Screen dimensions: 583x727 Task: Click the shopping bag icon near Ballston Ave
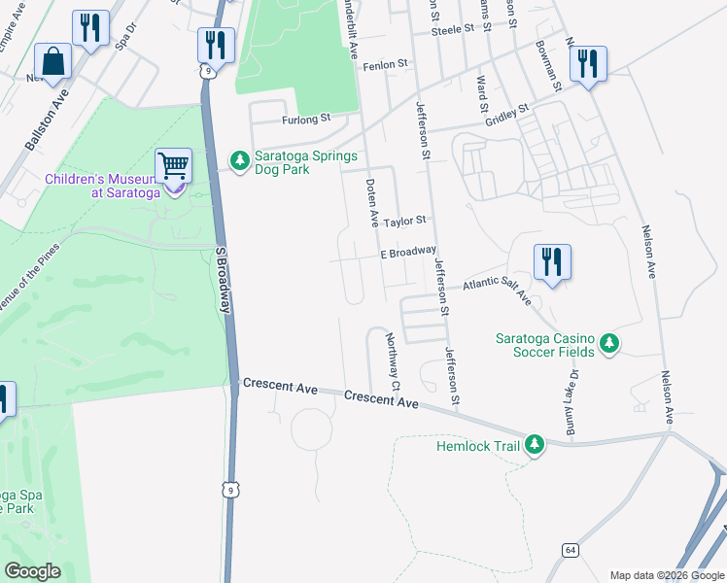click(52, 62)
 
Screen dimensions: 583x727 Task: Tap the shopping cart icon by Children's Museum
click(173, 167)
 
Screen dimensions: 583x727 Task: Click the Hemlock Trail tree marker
click(533, 445)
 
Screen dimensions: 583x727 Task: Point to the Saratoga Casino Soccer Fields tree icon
click(608, 343)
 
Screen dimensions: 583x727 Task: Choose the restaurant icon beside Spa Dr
click(90, 29)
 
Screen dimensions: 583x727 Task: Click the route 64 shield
click(570, 550)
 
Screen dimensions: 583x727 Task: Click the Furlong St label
click(306, 120)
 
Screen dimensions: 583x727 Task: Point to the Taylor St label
click(405, 222)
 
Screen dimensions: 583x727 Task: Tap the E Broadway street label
click(407, 252)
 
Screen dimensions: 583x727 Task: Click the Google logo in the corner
click(32, 570)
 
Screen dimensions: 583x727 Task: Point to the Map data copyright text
click(667, 575)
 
